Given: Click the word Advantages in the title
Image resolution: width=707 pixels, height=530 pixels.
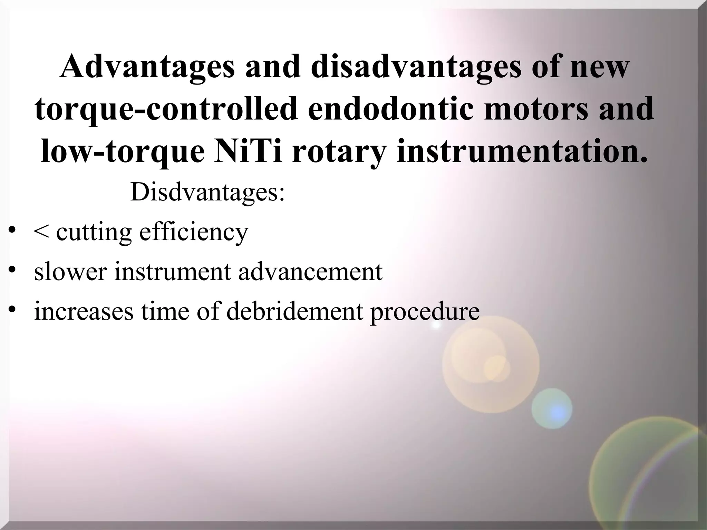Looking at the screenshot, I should [147, 66].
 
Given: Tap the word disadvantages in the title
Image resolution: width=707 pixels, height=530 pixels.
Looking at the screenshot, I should [417, 66].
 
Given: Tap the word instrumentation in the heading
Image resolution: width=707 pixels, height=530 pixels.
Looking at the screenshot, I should [521, 151].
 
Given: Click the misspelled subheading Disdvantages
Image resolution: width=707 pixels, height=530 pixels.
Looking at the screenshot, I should [207, 192].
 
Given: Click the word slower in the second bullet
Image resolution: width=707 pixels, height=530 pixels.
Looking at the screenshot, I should [70, 272].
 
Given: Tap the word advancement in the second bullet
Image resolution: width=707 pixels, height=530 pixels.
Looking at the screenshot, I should [310, 272].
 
